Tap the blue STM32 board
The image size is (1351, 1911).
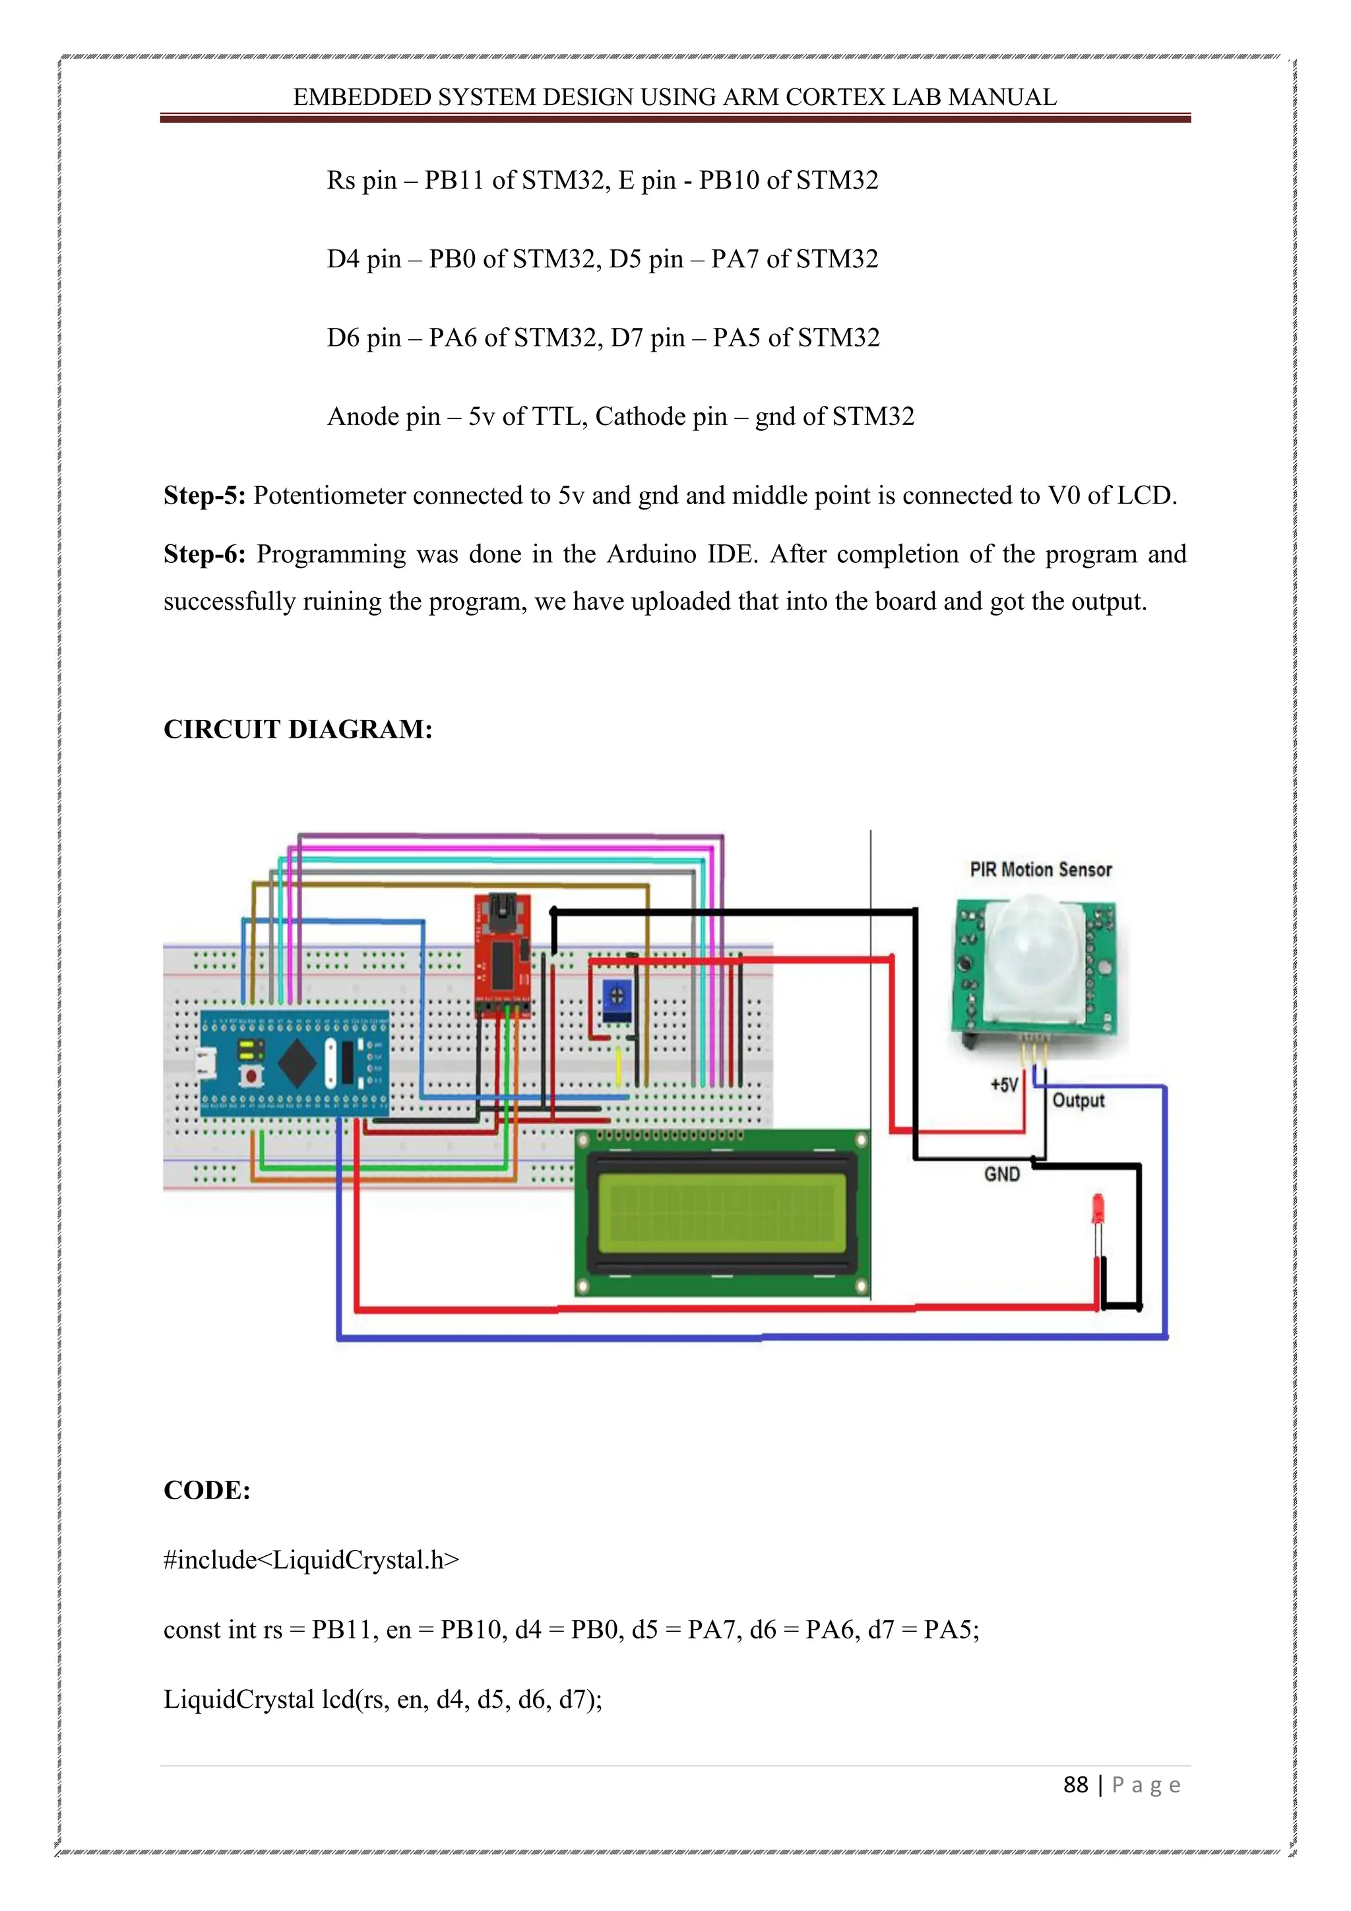click(294, 1063)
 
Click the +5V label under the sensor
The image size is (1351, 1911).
click(1004, 1085)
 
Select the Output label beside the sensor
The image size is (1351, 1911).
click(1078, 1100)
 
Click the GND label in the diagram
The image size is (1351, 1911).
click(1001, 1175)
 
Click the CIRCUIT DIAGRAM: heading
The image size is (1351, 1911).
click(298, 730)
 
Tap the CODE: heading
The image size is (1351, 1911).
click(207, 1489)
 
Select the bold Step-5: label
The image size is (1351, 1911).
click(204, 496)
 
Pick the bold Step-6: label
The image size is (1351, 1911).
click(204, 554)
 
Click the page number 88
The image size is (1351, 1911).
click(1076, 1784)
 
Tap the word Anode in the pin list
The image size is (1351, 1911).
click(363, 416)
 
